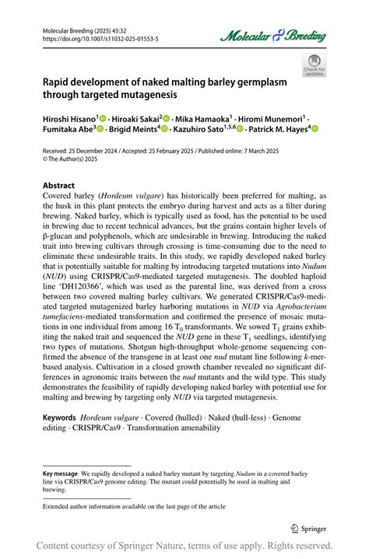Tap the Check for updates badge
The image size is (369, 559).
click(x=314, y=65)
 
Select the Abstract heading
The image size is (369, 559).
click(x=58, y=187)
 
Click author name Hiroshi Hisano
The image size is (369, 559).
click(x=69, y=117)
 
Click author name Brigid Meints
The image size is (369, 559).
click(x=132, y=129)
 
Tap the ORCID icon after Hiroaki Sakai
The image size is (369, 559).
click(x=165, y=117)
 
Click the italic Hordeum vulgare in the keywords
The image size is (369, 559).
click(x=114, y=418)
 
